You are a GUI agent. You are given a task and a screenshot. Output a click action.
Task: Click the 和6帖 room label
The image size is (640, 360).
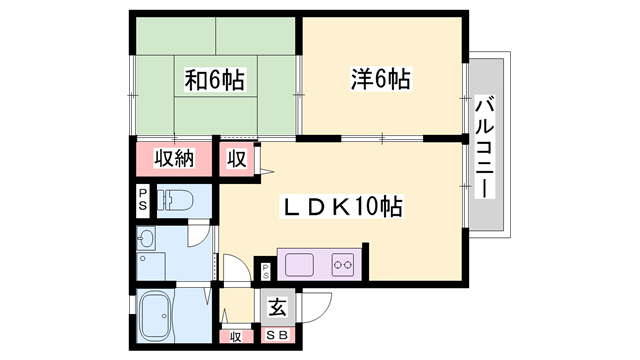click(x=215, y=80)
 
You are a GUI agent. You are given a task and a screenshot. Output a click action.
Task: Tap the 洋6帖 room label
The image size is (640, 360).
click(x=381, y=78)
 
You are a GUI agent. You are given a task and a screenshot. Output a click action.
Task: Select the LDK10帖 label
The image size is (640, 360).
click(x=341, y=206)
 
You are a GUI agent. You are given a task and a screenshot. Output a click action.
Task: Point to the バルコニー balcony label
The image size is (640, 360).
click(x=485, y=147)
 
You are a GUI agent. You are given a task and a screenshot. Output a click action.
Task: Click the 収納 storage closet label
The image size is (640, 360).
click(x=174, y=158)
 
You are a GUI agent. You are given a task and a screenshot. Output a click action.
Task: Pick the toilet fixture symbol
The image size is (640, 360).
click(x=175, y=200)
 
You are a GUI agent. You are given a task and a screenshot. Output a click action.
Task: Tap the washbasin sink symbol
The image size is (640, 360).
click(x=146, y=238)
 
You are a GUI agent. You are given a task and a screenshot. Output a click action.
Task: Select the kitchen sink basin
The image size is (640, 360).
click(x=299, y=265)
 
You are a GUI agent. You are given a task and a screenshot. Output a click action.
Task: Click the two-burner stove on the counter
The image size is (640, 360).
click(x=343, y=265)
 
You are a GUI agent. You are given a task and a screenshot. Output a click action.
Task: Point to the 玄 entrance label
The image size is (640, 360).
click(x=278, y=307)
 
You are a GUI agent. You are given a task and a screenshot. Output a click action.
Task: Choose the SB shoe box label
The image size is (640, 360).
click(x=278, y=335)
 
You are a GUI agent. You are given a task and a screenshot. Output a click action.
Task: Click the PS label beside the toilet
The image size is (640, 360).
click(x=142, y=200)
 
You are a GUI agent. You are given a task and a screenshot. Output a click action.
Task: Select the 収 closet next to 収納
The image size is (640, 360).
click(x=237, y=158)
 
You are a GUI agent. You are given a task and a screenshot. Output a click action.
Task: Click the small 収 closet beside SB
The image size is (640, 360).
click(x=236, y=337)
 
